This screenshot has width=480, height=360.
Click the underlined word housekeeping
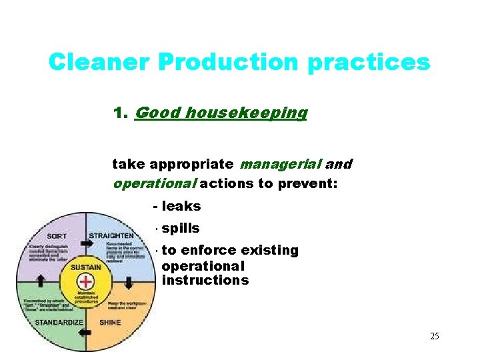[247, 113]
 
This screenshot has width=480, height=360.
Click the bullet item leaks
[181, 207]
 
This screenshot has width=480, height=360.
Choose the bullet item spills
[180, 229]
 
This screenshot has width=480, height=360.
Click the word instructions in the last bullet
[205, 280]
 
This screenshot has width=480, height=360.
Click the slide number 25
[434, 336]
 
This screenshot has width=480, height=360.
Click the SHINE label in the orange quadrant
[111, 322]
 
